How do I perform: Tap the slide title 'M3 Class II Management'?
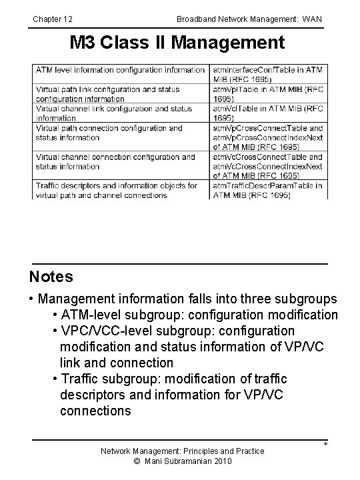(177, 44)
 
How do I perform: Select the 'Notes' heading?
(51, 275)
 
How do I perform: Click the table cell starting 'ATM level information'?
(120, 69)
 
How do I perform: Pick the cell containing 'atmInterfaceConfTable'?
(268, 73)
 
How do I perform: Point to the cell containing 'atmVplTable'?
(268, 93)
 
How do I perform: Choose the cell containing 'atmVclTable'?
(268, 112)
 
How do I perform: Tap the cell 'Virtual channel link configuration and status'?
(113, 112)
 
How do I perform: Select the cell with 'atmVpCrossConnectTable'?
(268, 137)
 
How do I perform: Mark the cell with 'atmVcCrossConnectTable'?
(268, 165)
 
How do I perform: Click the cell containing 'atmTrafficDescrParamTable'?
(268, 189)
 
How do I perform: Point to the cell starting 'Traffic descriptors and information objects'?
(117, 189)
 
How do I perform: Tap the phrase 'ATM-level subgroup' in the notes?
(118, 315)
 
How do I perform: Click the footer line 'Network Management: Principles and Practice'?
(182, 451)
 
